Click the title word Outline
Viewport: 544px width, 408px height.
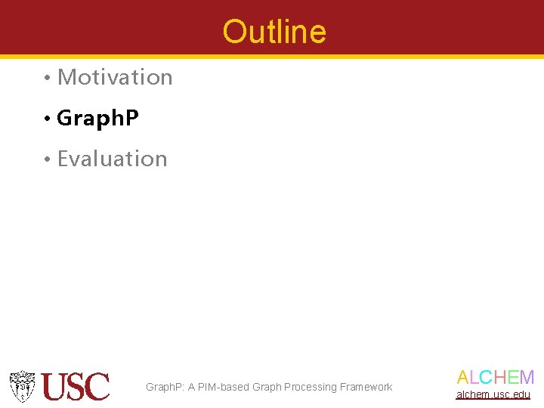tap(274, 32)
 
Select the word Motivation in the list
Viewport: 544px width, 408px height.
tap(115, 77)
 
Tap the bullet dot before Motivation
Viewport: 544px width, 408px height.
tap(47, 78)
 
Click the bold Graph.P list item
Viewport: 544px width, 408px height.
tap(97, 119)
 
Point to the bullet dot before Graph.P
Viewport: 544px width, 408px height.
tap(47, 119)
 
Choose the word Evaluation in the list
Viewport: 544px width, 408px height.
tap(112, 159)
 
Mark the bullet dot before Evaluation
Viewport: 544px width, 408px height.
tap(47, 159)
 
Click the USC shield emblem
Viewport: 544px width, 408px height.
tap(23, 385)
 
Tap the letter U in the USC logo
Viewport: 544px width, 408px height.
tap(55, 386)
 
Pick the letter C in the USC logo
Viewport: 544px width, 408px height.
tap(98, 386)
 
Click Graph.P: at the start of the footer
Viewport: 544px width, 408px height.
tap(165, 388)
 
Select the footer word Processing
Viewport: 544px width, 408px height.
tap(310, 388)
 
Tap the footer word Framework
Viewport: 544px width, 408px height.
tap(366, 388)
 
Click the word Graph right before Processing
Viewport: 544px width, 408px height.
tap(267, 388)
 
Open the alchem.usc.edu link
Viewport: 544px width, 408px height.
tap(493, 394)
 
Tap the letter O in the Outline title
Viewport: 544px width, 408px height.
tap(234, 32)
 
